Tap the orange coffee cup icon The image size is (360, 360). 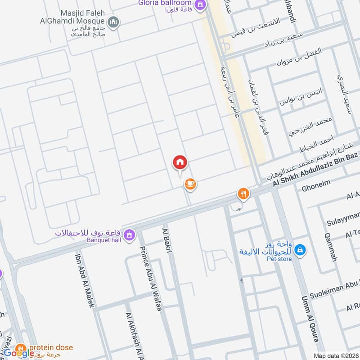pyautogui.click(x=190, y=184)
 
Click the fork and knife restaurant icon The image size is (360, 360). pyautogui.click(x=243, y=193)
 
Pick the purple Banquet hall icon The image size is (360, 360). pyautogui.click(x=130, y=234)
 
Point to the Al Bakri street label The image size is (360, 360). pyautogui.click(x=167, y=243)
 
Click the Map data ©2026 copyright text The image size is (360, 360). pyautogui.click(x=335, y=355)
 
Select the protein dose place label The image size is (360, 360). pyautogui.click(x=51, y=347)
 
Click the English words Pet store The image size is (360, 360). pyautogui.click(x=279, y=259)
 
